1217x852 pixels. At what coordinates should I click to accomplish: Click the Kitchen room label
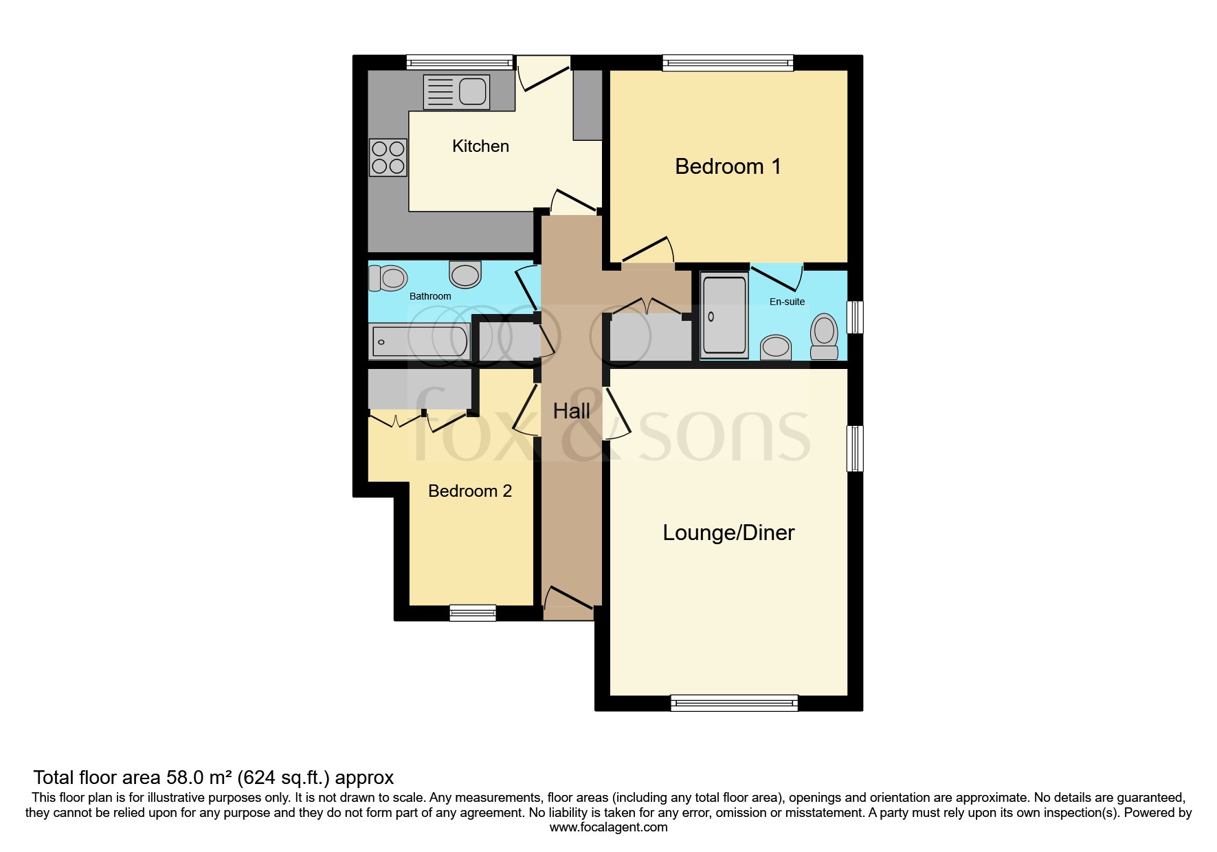(x=480, y=146)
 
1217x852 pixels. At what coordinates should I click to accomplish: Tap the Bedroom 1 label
(x=728, y=166)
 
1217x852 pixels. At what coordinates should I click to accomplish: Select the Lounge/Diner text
(x=728, y=532)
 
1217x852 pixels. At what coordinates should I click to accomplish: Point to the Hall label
(x=571, y=411)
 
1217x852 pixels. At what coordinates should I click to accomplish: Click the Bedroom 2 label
(x=470, y=491)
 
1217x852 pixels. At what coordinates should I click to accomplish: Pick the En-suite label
(x=787, y=302)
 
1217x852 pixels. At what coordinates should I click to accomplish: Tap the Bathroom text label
(x=430, y=296)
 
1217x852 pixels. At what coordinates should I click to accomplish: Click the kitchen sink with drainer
(x=456, y=91)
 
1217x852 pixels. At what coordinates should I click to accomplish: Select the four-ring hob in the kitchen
(x=388, y=157)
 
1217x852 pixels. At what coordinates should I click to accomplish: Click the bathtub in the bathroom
(x=420, y=341)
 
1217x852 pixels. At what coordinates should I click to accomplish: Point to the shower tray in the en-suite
(x=724, y=316)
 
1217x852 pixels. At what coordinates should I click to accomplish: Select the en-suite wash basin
(x=777, y=347)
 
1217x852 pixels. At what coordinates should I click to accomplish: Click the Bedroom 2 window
(x=473, y=613)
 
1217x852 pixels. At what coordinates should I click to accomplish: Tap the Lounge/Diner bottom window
(x=734, y=702)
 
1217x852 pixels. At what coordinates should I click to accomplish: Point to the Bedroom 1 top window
(x=728, y=63)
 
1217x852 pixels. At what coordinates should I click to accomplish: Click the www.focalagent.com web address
(x=608, y=827)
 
